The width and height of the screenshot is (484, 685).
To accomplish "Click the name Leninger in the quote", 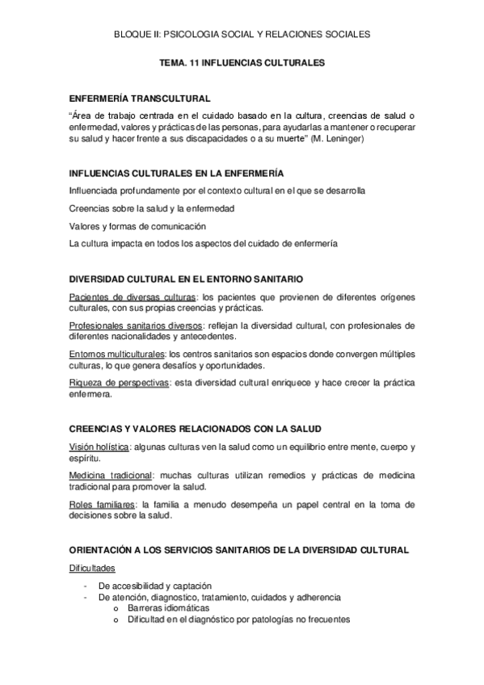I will coord(391,139).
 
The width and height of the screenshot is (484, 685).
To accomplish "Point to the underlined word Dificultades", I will coord(92,569).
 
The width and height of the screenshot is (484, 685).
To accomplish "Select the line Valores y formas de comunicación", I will coord(138,225).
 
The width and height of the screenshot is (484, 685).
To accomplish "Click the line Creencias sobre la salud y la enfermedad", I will coord(152,208).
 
